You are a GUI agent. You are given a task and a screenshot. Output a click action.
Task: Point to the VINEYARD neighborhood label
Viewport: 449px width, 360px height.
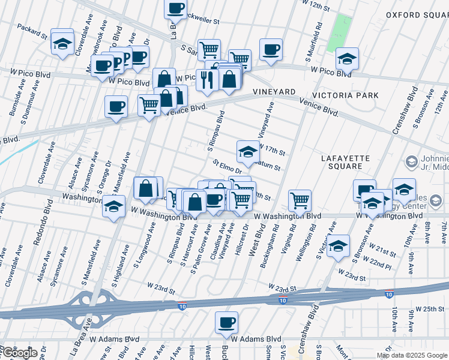point(274,91)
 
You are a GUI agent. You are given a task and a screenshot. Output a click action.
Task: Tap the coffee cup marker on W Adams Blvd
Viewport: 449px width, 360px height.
point(226,322)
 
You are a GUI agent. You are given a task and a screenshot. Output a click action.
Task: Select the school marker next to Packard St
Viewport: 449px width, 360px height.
point(62,42)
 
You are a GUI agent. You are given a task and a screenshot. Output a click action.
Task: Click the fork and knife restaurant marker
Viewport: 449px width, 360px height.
point(207,80)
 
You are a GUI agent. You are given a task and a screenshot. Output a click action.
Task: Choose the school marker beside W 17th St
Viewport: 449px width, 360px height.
point(248,151)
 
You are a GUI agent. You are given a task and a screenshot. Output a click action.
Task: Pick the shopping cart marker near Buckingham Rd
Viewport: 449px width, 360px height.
point(300,199)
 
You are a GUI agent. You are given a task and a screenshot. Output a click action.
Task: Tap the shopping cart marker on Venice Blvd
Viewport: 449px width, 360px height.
point(149,105)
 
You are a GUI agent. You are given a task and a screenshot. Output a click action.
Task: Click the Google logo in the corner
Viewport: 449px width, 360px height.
point(19,353)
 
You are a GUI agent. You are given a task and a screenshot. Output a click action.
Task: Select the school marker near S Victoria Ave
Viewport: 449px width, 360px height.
point(338,245)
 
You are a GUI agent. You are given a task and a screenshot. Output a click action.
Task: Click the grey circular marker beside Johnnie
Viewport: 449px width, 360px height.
point(411,161)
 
